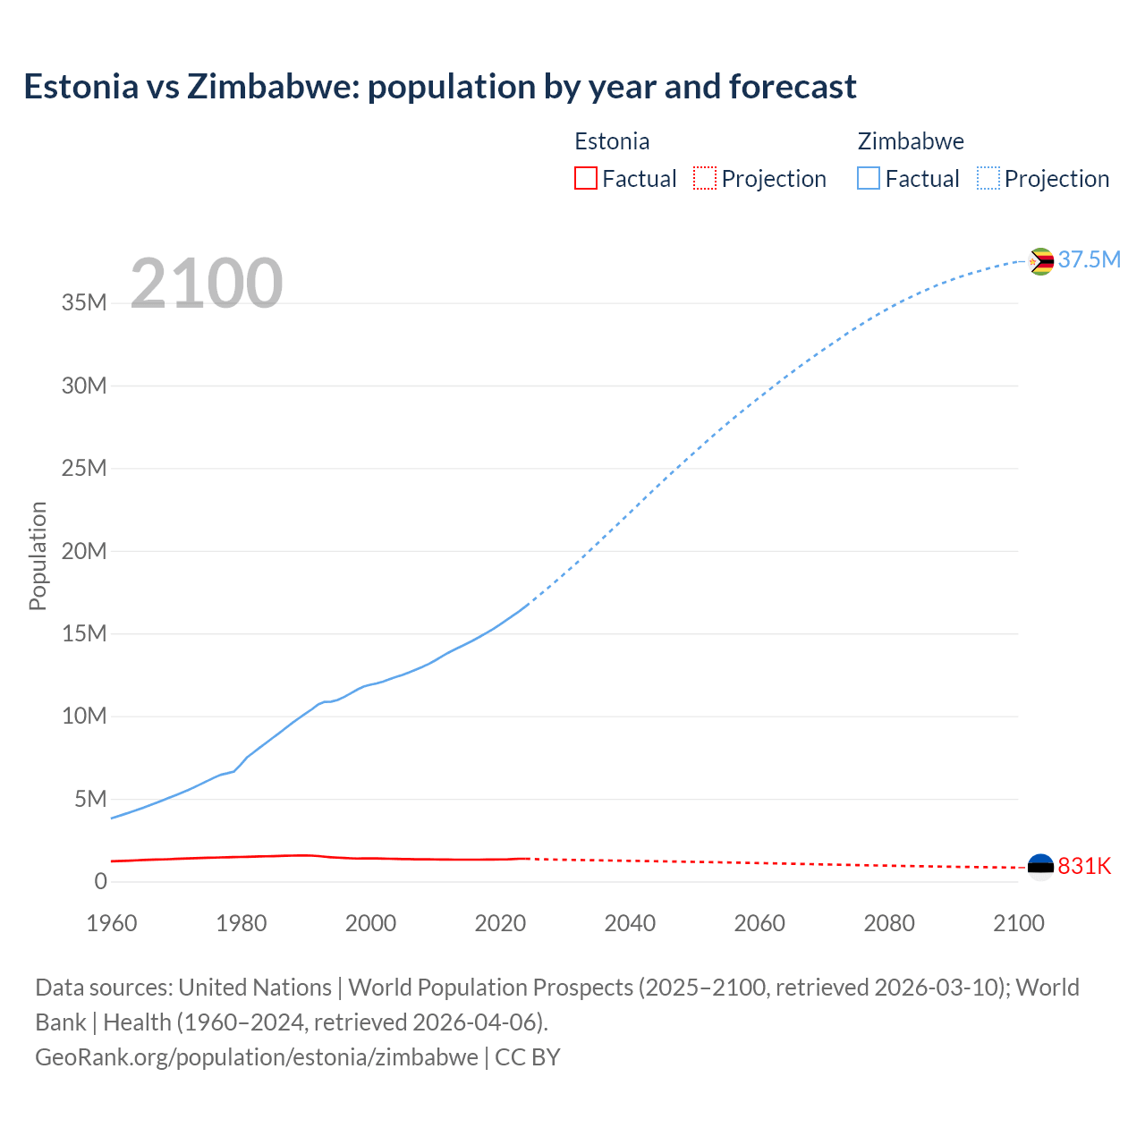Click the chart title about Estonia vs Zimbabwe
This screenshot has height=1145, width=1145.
coord(440,87)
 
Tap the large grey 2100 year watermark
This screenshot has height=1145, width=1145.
coord(207,284)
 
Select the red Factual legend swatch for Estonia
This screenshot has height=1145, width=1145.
coord(585,178)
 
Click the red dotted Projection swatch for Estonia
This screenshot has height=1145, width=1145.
coord(705,178)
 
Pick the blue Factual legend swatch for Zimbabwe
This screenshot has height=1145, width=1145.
coord(868,178)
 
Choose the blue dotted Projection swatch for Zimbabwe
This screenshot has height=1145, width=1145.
coord(988,178)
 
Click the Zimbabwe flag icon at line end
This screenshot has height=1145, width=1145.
coord(1040,261)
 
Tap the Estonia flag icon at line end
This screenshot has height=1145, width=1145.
coord(1040,867)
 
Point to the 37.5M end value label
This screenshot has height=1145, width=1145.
coord(1089,259)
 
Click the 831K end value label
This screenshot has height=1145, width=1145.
coord(1084,866)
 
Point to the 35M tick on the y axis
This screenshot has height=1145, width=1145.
coord(84,302)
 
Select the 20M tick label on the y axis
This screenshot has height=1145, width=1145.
coord(84,551)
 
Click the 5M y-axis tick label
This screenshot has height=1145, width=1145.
coord(90,799)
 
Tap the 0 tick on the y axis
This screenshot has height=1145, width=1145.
coord(100,881)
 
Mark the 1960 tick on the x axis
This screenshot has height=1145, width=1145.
coord(112,923)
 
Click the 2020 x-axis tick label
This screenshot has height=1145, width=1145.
coord(500,923)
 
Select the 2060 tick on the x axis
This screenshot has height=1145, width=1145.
coord(759,923)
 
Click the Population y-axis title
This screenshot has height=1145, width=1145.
coord(38,556)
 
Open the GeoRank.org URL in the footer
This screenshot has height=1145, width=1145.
coord(257,1056)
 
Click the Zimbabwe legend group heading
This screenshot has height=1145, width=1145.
coord(911,141)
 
